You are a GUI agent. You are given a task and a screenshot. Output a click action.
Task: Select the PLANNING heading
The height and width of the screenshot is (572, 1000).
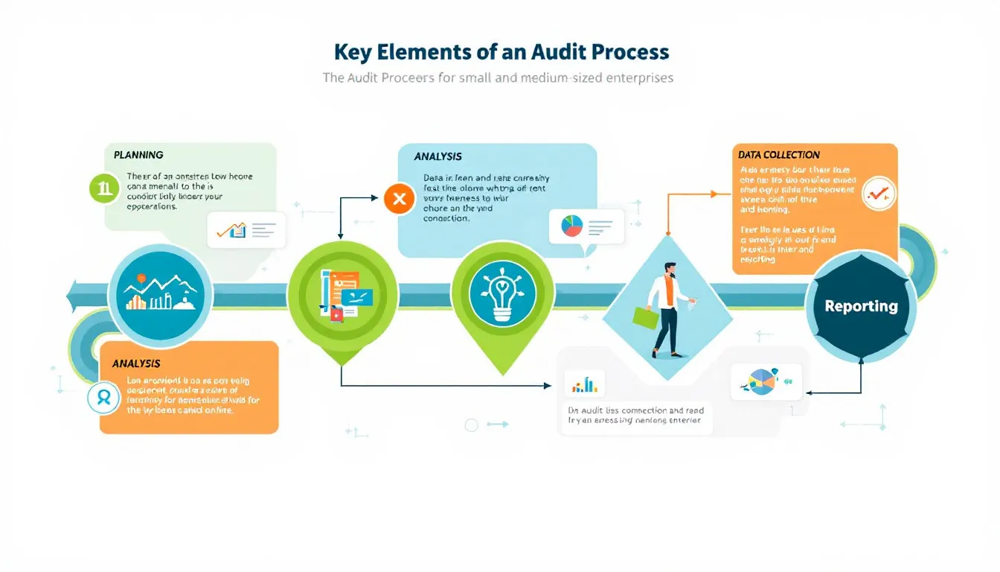(x=138, y=155)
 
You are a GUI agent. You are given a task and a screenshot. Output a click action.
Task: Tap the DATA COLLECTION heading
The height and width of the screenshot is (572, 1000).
(x=779, y=155)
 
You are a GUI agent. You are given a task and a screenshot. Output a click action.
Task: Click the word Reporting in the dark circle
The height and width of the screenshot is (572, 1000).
(x=861, y=306)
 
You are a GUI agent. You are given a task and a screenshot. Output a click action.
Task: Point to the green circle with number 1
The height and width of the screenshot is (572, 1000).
(x=104, y=188)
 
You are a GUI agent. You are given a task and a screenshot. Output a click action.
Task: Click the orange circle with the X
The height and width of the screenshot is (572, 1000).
(x=399, y=199)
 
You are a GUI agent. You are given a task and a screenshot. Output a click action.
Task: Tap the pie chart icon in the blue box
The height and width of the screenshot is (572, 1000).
(x=572, y=226)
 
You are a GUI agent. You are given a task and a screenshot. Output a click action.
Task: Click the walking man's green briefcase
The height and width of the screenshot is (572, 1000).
(x=645, y=318)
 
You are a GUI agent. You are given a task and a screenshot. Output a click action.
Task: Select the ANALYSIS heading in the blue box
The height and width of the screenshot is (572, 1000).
(x=438, y=157)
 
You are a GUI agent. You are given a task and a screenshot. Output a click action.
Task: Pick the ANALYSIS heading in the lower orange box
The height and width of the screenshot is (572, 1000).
(x=136, y=363)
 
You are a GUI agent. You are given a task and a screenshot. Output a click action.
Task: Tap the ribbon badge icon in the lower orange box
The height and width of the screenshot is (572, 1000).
(x=103, y=397)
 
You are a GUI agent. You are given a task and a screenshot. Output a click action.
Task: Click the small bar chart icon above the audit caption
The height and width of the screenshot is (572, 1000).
(x=585, y=384)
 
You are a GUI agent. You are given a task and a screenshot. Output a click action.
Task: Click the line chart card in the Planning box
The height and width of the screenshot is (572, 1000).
(x=247, y=229)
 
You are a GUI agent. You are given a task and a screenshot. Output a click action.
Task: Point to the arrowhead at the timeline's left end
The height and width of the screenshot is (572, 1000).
(x=73, y=296)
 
